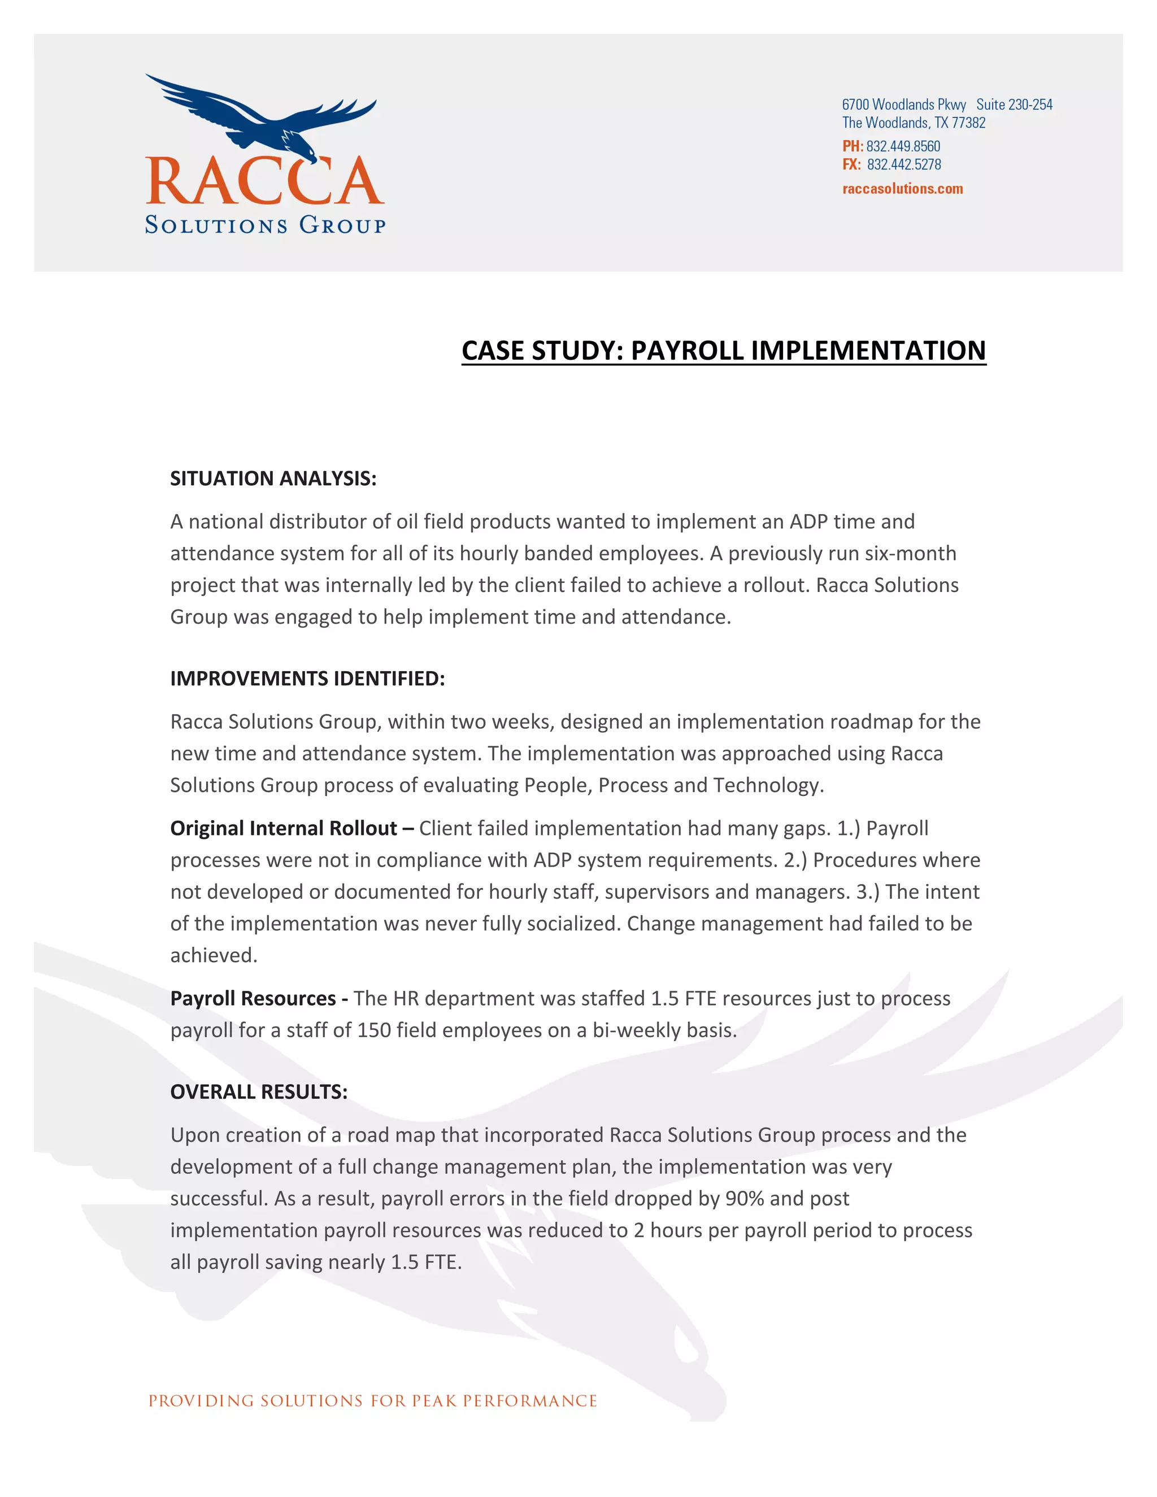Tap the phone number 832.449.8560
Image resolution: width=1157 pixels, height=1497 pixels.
[x=903, y=146]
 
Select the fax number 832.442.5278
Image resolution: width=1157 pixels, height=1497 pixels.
[x=903, y=164]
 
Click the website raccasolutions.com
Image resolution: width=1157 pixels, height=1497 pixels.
[x=902, y=189]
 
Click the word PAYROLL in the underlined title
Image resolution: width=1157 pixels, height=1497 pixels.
[x=686, y=350]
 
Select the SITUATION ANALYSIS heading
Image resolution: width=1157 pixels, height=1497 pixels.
[x=273, y=478]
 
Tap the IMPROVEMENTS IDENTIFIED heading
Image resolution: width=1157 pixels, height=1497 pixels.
[x=307, y=678]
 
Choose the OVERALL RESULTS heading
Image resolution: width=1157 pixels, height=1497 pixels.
[x=258, y=1092]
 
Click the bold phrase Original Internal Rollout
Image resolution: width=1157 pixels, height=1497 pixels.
[x=283, y=828]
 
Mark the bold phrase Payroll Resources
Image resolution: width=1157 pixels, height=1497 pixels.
[x=253, y=998]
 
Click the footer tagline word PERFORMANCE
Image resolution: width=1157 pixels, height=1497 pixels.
[x=529, y=1401]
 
